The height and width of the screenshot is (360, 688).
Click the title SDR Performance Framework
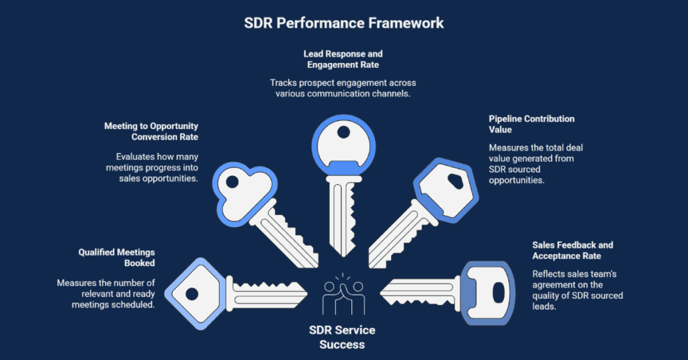click(343, 23)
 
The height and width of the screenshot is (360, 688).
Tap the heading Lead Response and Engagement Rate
click(343, 59)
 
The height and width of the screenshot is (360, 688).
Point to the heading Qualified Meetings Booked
click(116, 258)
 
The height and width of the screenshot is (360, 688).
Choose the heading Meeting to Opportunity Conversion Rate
click(150, 131)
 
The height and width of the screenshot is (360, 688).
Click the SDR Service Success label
click(343, 337)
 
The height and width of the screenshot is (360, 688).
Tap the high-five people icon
click(343, 294)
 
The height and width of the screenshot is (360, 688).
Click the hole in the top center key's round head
click(343, 131)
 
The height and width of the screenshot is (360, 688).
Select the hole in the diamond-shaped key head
click(191, 294)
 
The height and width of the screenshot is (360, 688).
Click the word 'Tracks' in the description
click(284, 83)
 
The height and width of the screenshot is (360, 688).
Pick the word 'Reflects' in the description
click(549, 274)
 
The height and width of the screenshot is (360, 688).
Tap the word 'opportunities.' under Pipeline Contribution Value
click(516, 181)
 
